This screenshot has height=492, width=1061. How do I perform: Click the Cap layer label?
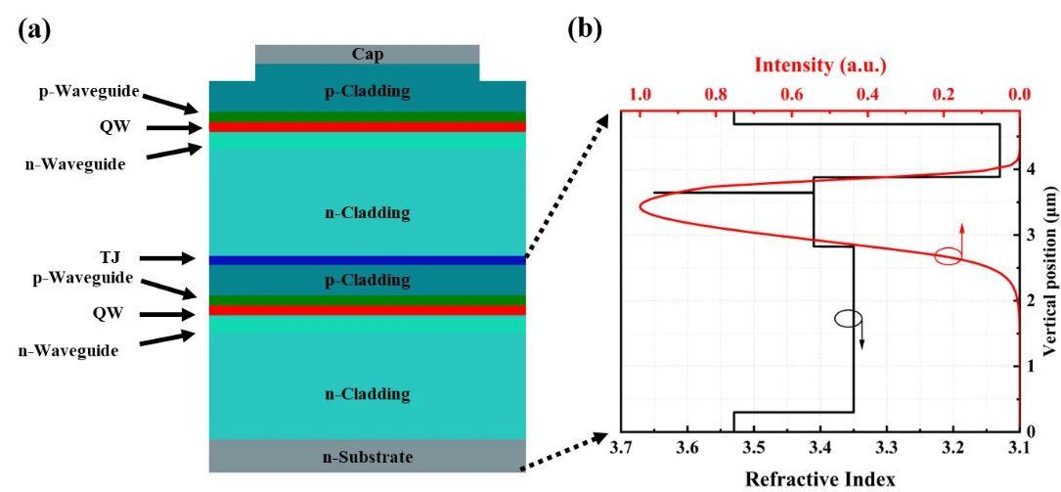coord(368,54)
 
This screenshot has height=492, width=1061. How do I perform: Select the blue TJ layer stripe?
coord(368,260)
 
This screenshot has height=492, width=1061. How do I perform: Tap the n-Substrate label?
coord(368,457)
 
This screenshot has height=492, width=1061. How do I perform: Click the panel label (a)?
coord(35,28)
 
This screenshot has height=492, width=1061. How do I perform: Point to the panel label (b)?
coord(585,28)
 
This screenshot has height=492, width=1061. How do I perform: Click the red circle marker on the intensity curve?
coord(948,257)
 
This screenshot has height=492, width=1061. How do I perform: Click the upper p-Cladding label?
coord(368,93)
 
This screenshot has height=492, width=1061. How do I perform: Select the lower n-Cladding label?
coord(368,394)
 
